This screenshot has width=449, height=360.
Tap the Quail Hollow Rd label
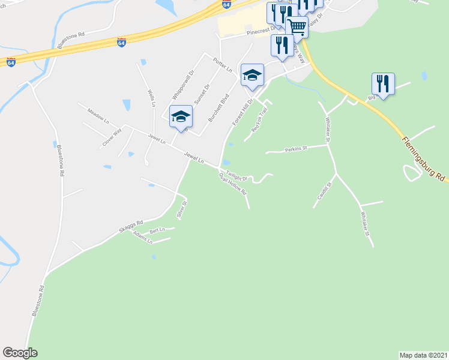pyautogui.click(x=234, y=184)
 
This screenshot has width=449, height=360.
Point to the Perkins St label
pyautogui.click(x=296, y=148)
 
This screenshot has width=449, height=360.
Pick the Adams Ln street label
pyautogui.click(x=143, y=240)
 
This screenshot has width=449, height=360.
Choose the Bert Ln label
pyautogui.click(x=157, y=230)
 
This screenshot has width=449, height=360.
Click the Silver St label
pyautogui.click(x=181, y=209)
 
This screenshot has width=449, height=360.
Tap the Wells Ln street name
pyautogui.click(x=152, y=98)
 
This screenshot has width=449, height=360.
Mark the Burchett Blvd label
pyautogui.click(x=218, y=107)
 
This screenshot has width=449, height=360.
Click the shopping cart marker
pyautogui.click(x=297, y=26)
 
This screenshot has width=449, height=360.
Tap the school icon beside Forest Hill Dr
pyautogui.click(x=253, y=75)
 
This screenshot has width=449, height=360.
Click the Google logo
pyautogui.click(x=20, y=353)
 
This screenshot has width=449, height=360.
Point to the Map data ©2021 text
pyautogui.click(x=423, y=355)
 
